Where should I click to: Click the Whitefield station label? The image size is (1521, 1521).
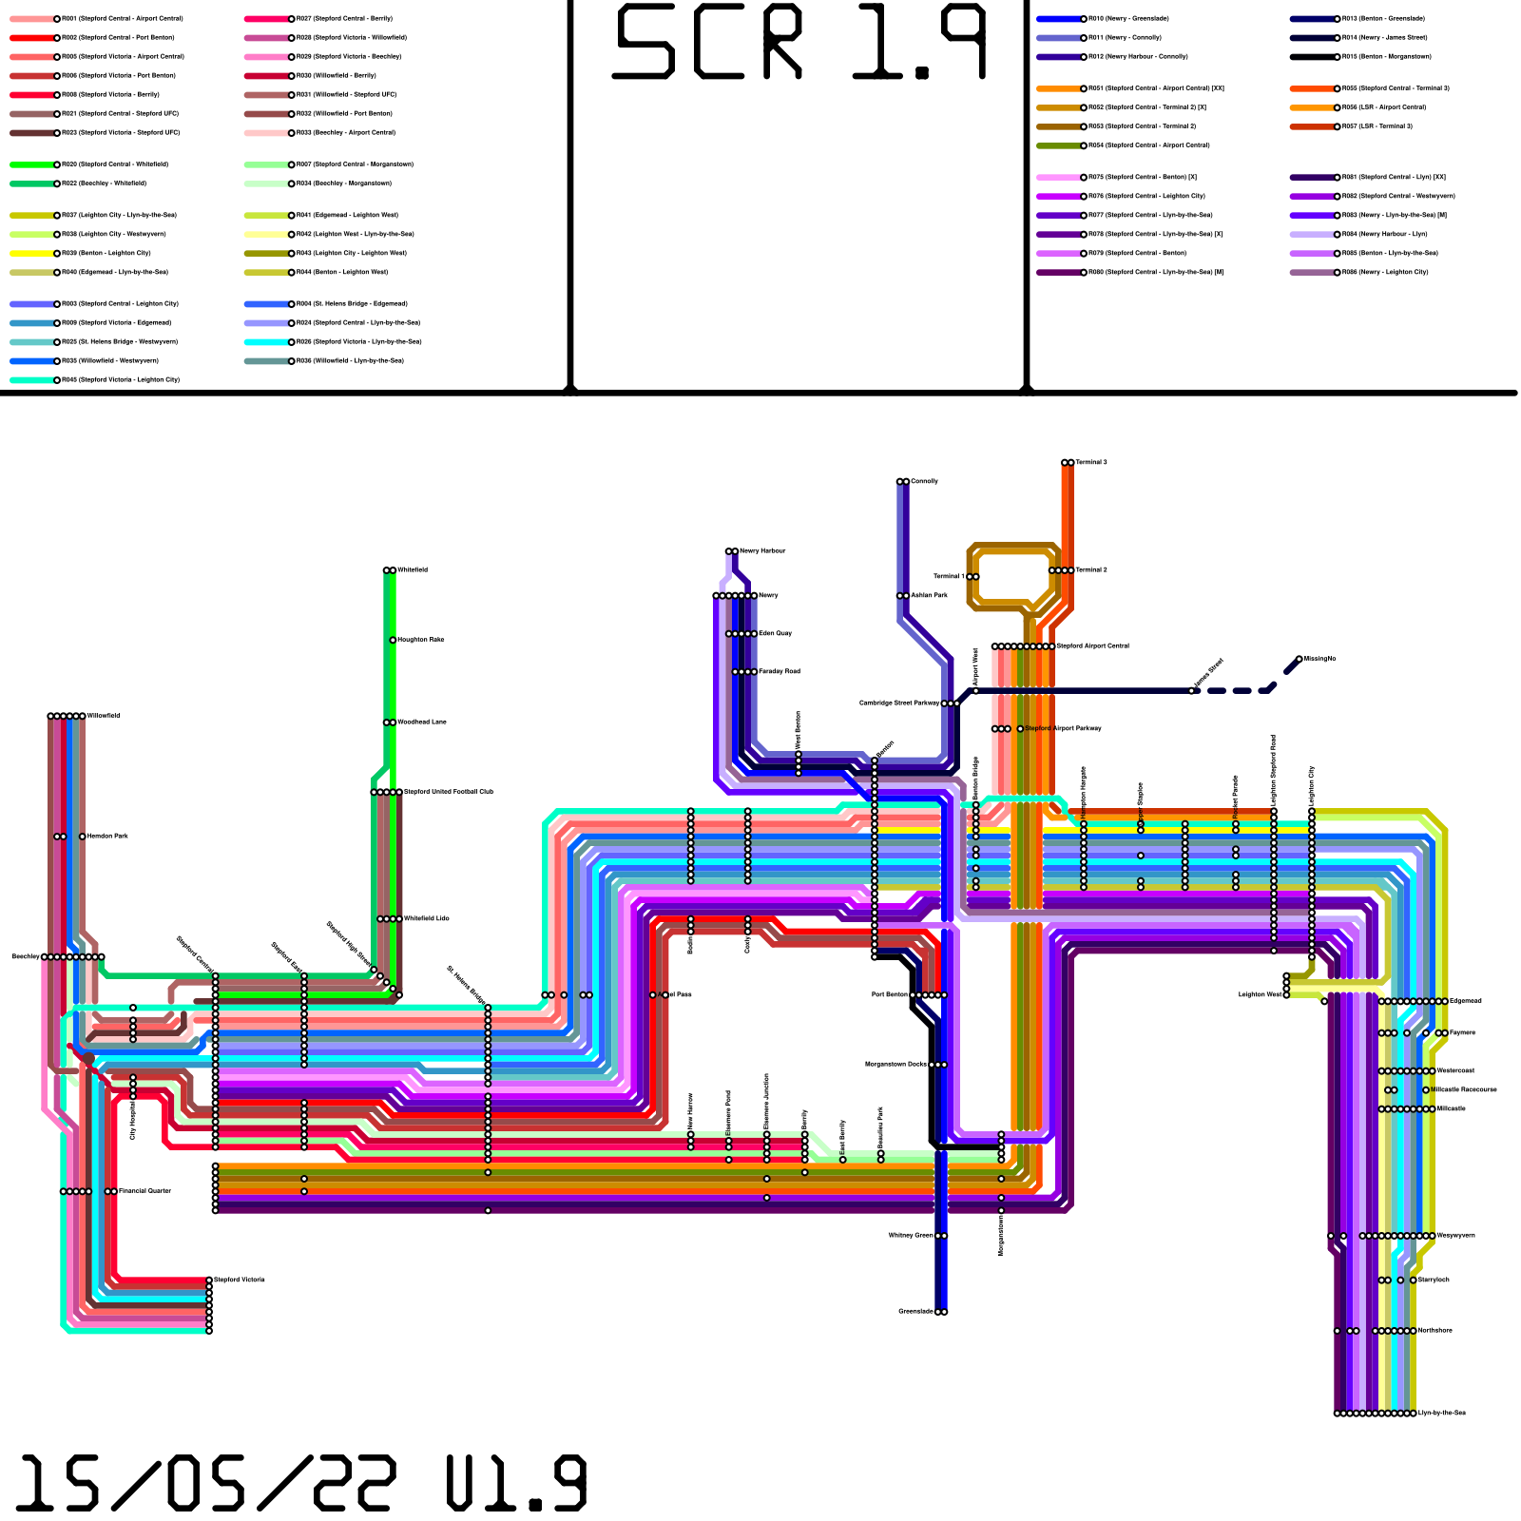tap(413, 570)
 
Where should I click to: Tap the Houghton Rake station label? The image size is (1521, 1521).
tap(420, 640)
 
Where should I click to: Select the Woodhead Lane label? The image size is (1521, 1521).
tap(421, 722)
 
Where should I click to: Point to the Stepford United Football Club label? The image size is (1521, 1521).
tap(449, 792)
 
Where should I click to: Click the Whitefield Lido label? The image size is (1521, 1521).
tap(427, 919)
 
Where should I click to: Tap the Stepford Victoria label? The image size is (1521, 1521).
tap(240, 1280)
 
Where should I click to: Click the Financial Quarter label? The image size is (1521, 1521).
tap(144, 1191)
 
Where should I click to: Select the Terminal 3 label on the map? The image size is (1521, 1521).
tap(1091, 463)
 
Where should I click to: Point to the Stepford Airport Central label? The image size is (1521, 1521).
tap(1093, 646)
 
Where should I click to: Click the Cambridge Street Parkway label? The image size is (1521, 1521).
tap(899, 703)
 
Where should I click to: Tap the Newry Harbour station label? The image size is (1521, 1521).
tap(762, 551)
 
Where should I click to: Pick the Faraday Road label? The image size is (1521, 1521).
tap(780, 672)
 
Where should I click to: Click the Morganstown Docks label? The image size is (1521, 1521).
tap(895, 1065)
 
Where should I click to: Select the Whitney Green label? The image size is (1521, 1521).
tap(911, 1236)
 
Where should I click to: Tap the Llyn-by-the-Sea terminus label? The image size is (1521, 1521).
tap(1442, 1414)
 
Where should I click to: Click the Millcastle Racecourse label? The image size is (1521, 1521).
tap(1465, 1090)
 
